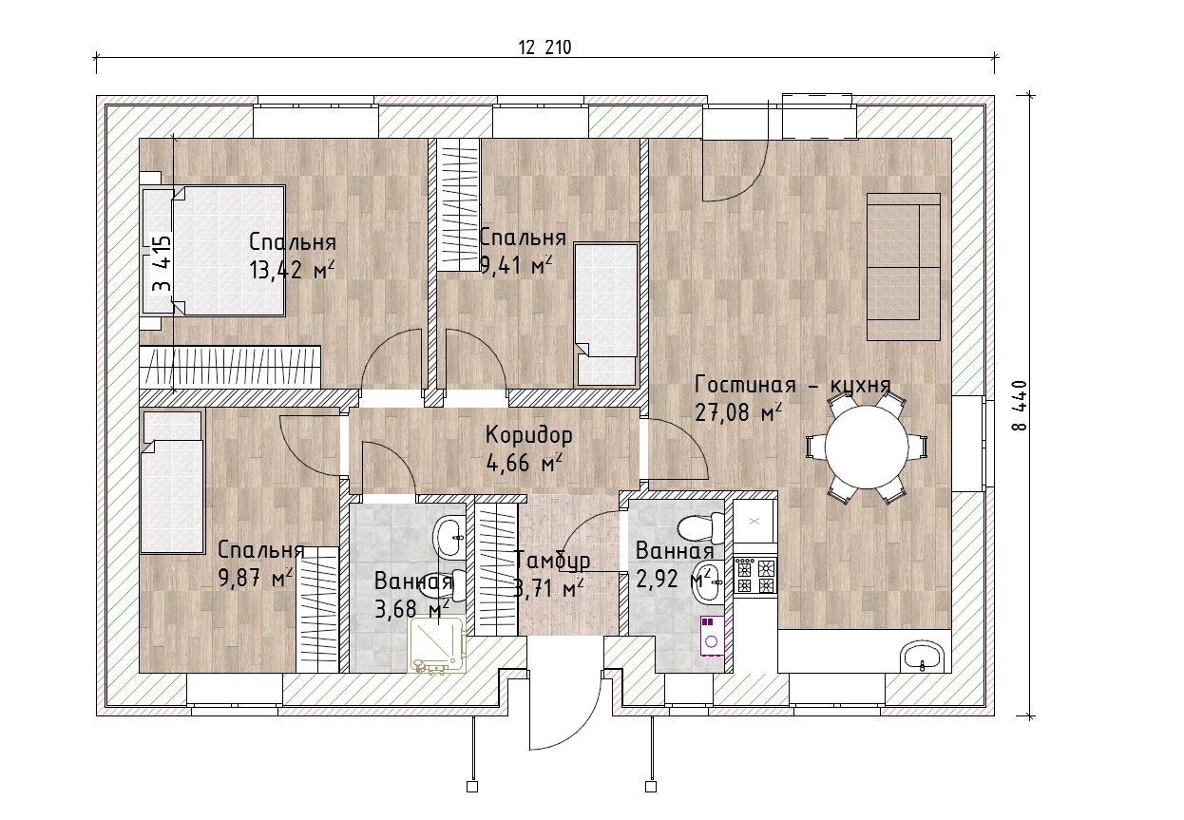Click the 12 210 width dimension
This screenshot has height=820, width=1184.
coord(544,48)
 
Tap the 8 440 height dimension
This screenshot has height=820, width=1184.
coord(1021,406)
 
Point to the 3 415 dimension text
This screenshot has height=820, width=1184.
coord(162,263)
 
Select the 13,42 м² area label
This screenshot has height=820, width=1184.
coord(293,270)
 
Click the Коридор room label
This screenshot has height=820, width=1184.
coord(528,435)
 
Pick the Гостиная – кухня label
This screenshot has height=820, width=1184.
coord(793,385)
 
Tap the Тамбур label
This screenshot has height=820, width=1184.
coord(552,560)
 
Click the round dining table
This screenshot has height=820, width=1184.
coord(867,447)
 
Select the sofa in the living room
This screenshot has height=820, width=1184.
coord(904,266)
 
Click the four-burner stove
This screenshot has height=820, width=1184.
coord(754,576)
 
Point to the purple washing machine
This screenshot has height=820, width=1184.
coord(712,636)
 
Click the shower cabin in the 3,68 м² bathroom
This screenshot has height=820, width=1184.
coord(437,644)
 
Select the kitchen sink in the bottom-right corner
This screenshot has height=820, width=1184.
coord(923,657)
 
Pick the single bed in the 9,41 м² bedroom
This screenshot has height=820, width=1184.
coord(606,315)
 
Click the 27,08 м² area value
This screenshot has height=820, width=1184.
coord(738,412)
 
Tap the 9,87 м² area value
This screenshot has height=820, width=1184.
coord(256,579)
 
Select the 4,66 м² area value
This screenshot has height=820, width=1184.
coord(524,463)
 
